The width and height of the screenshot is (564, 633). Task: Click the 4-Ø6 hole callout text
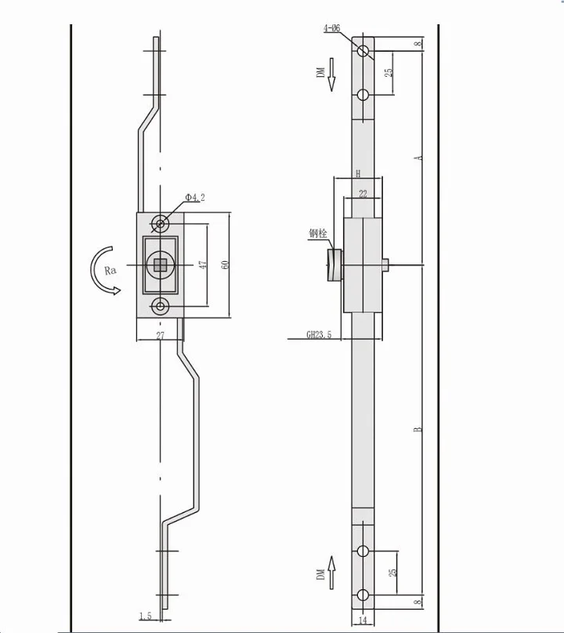point(331,29)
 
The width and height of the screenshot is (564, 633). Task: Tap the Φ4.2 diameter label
point(196,197)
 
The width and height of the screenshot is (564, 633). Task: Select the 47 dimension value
point(202,265)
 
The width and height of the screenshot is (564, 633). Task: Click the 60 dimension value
point(225,265)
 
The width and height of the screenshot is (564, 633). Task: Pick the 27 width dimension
point(160,335)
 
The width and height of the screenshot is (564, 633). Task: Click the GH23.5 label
point(319,335)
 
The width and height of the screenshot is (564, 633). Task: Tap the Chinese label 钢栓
point(317,233)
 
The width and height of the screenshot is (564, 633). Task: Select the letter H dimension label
point(358,173)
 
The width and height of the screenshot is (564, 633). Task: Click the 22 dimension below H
point(363,193)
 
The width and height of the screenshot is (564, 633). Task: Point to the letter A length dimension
point(420,157)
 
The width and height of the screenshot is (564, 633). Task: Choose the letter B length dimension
point(420,428)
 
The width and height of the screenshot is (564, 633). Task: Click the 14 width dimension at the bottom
point(363,620)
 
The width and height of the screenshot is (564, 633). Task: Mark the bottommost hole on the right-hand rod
point(363,593)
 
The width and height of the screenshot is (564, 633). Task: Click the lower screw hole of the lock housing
point(161,306)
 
